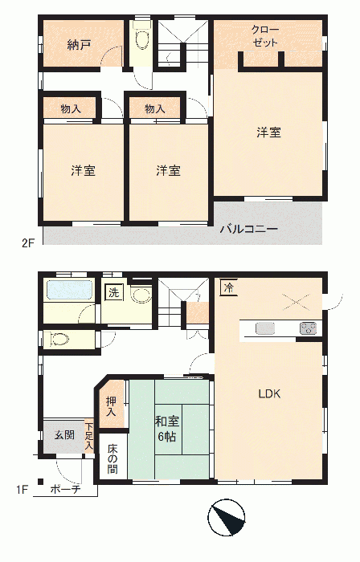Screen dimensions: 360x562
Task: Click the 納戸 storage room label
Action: tap(79, 45)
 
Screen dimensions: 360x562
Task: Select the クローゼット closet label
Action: tap(264, 36)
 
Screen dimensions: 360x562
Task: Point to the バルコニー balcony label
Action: tap(249, 229)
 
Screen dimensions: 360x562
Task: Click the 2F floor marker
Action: tap(28, 243)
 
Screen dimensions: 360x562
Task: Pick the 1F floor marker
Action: tap(22, 489)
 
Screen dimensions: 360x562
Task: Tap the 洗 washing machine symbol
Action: tap(113, 293)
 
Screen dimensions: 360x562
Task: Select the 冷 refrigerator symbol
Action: tap(228, 287)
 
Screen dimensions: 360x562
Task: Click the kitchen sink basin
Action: tap(265, 328)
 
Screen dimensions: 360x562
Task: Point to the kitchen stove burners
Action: tap(309, 328)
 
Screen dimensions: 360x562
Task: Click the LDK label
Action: tap(270, 394)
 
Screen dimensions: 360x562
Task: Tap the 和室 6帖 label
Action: tap(167, 429)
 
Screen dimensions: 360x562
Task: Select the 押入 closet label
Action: tap(111, 407)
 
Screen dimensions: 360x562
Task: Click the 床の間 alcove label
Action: tap(112, 459)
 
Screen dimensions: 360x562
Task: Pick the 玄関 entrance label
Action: tap(65, 435)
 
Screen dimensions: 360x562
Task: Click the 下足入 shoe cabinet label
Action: tap(89, 437)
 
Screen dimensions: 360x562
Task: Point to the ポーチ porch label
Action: tap(65, 489)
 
